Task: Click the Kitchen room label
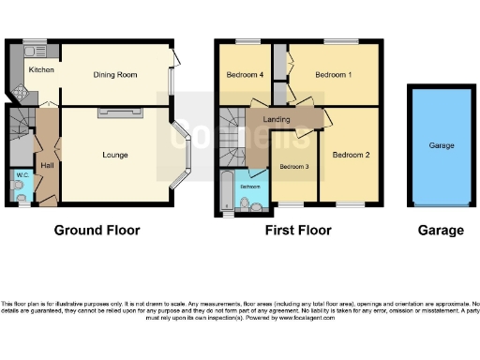click(40, 70)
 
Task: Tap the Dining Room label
click(115, 74)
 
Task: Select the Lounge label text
click(115, 155)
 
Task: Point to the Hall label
click(47, 165)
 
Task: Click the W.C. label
click(22, 174)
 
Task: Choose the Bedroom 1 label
click(333, 74)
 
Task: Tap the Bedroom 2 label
click(351, 155)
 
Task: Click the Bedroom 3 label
click(293, 167)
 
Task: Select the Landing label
click(277, 119)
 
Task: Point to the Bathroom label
click(249, 187)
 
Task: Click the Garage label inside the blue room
click(442, 145)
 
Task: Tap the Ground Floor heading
click(97, 230)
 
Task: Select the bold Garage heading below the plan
click(441, 230)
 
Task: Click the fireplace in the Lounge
click(117, 113)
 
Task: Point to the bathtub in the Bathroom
click(226, 191)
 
